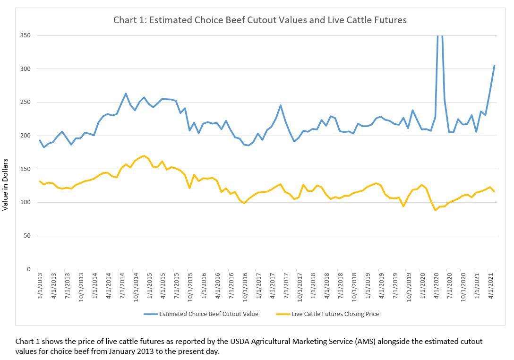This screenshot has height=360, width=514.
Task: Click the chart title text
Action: pos(260,20)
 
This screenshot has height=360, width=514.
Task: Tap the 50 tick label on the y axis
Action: pos(28,236)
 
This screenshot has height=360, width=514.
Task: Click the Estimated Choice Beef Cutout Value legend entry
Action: pos(208,314)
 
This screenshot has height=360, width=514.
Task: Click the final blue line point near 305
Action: pos(494,66)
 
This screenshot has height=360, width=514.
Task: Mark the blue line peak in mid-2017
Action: pos(280,105)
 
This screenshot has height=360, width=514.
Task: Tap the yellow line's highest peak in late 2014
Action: pos(144,155)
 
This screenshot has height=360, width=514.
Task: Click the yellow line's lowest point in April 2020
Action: pos(435,210)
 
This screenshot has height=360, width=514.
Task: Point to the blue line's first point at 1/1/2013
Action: pos(40,140)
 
